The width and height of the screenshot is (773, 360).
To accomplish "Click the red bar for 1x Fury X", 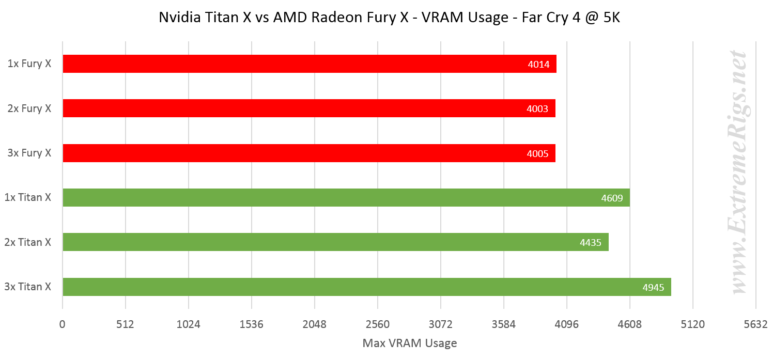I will pos(309,64).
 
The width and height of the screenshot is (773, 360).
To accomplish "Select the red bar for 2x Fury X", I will pos(308,108).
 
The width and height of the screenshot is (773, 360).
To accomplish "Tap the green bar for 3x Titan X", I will pos(366,287).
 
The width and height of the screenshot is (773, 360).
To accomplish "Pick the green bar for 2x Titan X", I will pos(335,242).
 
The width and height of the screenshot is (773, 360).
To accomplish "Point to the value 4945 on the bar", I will pos(653,288).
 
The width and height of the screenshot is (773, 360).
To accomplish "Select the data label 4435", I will pos(591,242).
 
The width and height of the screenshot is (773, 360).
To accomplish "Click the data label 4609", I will pos(612,198).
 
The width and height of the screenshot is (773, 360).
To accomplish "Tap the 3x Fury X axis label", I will pos(29,153).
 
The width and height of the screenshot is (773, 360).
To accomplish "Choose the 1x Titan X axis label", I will pos(28,197).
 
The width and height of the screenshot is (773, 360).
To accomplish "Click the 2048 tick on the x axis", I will pos(314,325).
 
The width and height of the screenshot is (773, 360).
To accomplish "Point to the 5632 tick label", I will pos(755,325).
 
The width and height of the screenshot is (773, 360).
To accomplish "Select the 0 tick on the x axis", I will pos(63,325).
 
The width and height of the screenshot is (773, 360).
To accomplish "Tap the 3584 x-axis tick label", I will pos(503,325).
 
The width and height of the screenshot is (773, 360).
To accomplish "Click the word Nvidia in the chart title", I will pos(177,18).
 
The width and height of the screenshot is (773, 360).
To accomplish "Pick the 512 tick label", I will pos(126,325).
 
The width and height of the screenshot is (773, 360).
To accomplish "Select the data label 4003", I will pos(537,109).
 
